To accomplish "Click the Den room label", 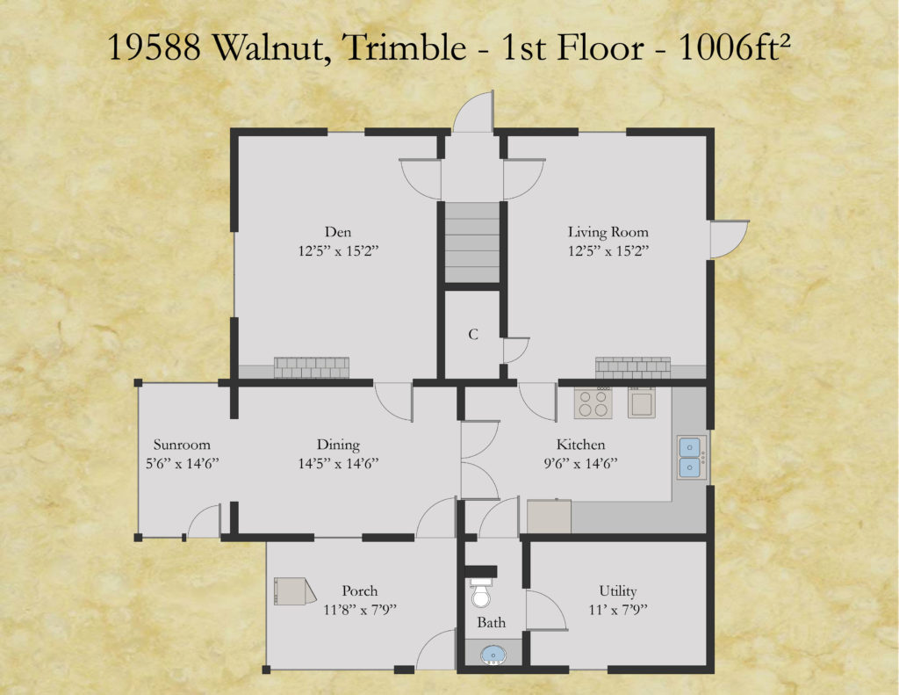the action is pos(338,232).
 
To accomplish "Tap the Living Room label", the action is pos(608,232).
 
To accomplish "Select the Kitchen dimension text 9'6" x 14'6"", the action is pos(580,463).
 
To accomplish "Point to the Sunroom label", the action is pos(182,445).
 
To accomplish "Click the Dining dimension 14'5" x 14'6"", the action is pos(338,463).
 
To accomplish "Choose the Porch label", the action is pos(359,590).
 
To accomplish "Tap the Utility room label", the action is pos(617,591).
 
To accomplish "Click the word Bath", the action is pos(492,622).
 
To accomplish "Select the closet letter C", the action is pos(473,334).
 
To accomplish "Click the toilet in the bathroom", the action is pos(480,593).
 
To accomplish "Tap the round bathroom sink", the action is pos(493,655).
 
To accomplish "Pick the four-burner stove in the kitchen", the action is pos(593,403).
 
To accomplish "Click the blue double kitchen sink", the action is pos(692,458).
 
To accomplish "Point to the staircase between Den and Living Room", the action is pos(471,243).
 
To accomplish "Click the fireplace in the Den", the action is pos(312,368).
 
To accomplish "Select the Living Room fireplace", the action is pos(633,368).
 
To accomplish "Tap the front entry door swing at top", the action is pos(473,112).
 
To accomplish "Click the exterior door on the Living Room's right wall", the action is pos(729,239).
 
